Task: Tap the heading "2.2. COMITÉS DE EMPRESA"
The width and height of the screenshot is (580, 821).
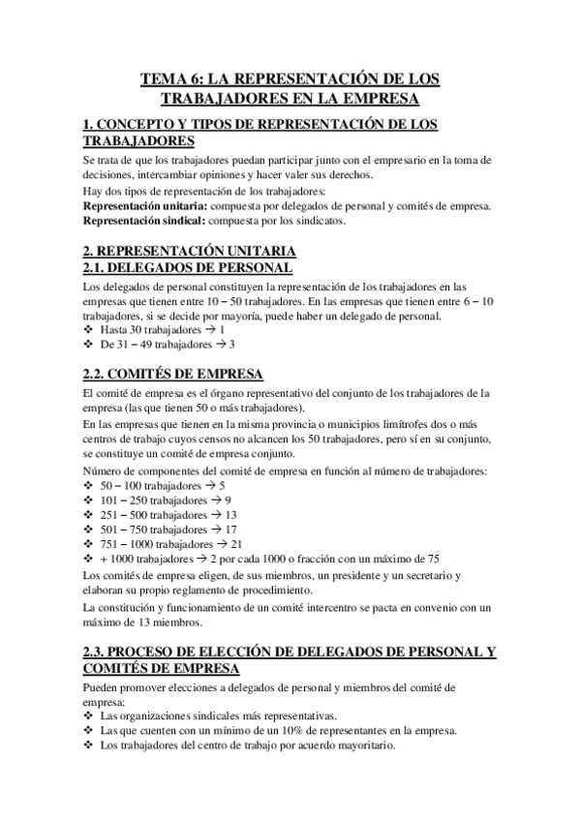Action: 174,375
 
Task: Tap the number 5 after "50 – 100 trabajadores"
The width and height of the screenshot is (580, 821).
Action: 222,485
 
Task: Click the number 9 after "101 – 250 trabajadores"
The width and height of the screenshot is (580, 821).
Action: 228,501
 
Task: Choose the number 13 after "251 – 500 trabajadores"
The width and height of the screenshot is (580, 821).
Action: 230,515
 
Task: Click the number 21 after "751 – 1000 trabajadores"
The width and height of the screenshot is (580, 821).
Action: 236,545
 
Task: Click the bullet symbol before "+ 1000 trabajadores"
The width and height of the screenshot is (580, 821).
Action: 89,560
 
